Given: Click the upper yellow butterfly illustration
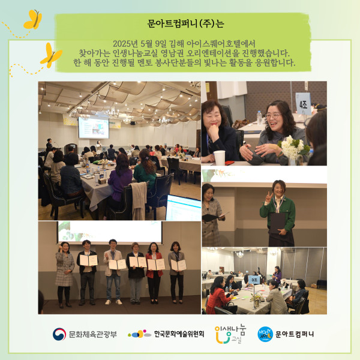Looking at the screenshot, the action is pyautogui.click(x=33, y=20).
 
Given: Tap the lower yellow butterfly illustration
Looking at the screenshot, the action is pyautogui.click(x=51, y=56).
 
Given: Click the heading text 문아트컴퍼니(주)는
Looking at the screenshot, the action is pyautogui.click(x=185, y=23).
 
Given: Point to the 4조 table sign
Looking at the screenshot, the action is pyautogui.click(x=303, y=104).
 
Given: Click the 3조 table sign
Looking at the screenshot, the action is pyautogui.click(x=254, y=280).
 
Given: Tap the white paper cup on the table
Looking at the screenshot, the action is pyautogui.click(x=219, y=158).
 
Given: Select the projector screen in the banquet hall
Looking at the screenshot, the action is pyautogui.click(x=94, y=128).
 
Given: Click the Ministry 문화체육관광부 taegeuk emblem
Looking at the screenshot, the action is pyautogui.click(x=59, y=334).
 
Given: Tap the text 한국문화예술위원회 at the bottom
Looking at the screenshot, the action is pyautogui.click(x=179, y=334).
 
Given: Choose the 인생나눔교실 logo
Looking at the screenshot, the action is pyautogui.click(x=230, y=334).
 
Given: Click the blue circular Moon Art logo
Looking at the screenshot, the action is pyautogui.click(x=265, y=334).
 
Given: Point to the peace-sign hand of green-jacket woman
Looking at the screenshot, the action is pyautogui.click(x=268, y=197).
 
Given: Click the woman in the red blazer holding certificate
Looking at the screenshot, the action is pyautogui.click(x=154, y=272).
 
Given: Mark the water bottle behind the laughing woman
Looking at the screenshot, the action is pyautogui.click(x=259, y=118).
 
